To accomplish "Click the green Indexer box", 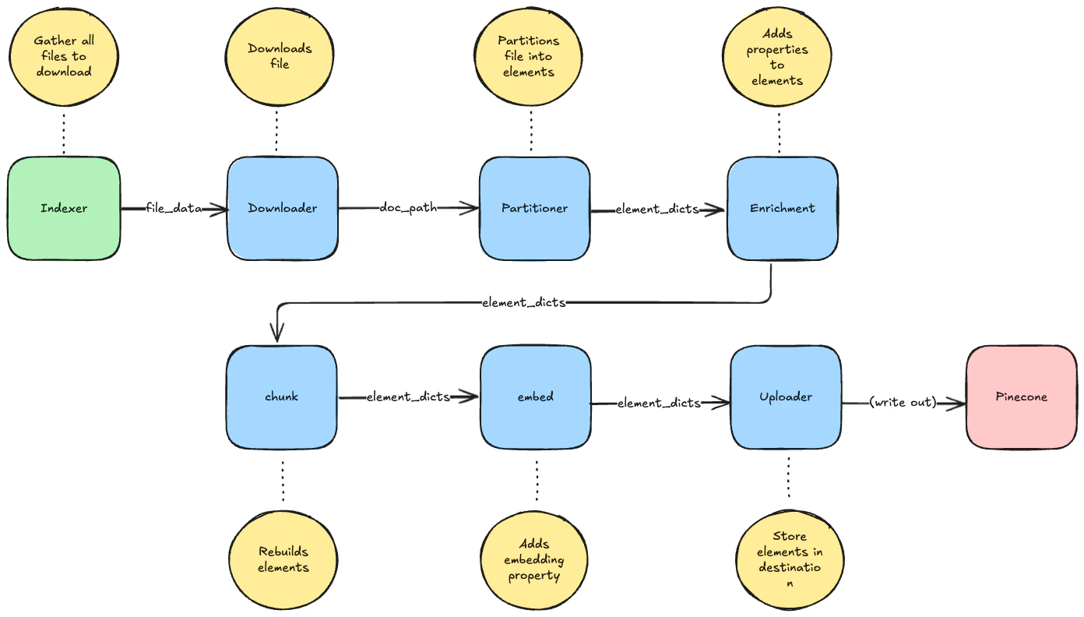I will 64,208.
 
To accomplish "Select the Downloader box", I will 282,208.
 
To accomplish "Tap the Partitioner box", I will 534,208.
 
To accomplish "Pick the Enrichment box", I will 782,208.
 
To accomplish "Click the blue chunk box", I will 281,397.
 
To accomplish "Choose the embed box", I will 535,397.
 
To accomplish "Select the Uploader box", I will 785,397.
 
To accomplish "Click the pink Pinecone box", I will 1021,397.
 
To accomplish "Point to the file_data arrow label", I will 174,209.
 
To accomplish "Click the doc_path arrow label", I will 408,208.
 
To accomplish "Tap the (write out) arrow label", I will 903,403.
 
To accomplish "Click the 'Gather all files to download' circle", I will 64,56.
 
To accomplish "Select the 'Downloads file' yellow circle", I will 280,56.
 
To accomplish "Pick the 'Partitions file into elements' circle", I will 529,56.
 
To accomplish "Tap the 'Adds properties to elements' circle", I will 777,56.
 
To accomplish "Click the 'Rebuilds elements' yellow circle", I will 283,559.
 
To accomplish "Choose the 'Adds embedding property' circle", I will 534,559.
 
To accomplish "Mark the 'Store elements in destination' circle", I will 790,559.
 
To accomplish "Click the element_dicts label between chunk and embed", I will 408,397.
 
